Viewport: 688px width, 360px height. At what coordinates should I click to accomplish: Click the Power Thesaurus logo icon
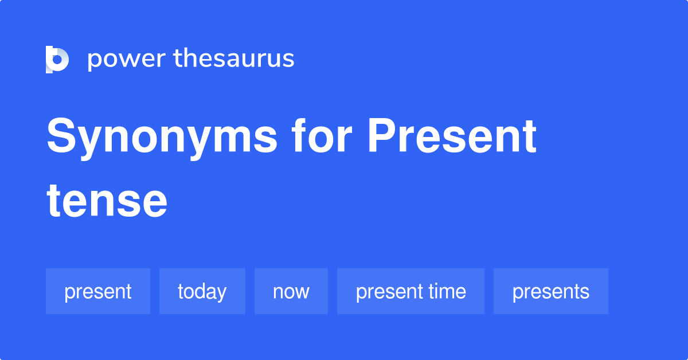[x=57, y=59]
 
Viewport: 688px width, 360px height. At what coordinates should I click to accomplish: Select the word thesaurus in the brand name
[x=234, y=59]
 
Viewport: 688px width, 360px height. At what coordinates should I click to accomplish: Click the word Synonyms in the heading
[x=162, y=138]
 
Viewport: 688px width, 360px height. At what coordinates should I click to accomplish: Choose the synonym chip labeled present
[x=98, y=291]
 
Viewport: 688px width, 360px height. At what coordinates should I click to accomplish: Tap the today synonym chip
[x=202, y=291]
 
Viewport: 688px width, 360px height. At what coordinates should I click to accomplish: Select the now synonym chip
[x=291, y=291]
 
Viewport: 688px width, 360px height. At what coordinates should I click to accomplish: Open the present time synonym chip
[x=411, y=291]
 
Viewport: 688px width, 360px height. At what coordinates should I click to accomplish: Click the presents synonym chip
[x=550, y=291]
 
